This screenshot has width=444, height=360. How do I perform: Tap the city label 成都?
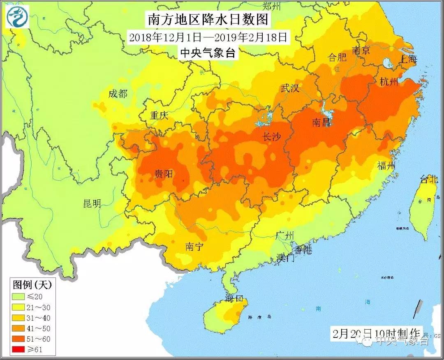pyautogui.click(x=118, y=94)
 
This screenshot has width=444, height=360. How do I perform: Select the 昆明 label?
pyautogui.click(x=92, y=203)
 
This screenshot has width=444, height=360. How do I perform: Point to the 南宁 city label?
pyautogui.click(x=194, y=247)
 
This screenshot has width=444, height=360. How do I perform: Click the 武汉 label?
pyautogui.click(x=289, y=88)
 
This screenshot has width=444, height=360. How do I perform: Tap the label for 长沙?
pyautogui.click(x=271, y=137)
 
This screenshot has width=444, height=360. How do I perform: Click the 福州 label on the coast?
pyautogui.click(x=386, y=166)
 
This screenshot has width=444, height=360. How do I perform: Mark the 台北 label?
pyautogui.click(x=429, y=179)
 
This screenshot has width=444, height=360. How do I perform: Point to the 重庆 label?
pyautogui.click(x=159, y=115)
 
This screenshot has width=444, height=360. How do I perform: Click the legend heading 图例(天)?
pyautogui.click(x=32, y=284)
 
